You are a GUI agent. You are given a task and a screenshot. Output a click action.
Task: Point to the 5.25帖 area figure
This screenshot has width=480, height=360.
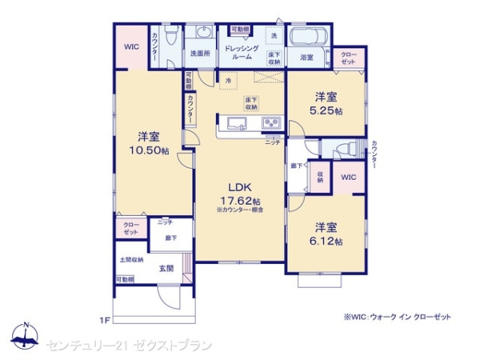[327, 111]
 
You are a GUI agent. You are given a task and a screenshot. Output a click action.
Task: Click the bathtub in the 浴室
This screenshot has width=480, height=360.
[308, 38]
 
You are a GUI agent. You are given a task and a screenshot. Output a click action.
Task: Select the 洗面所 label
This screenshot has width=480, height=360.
[200, 54]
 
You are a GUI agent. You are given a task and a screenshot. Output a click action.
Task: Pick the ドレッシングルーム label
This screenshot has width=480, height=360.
[241, 53]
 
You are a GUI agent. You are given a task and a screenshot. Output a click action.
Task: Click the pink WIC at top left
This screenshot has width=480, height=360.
[130, 46]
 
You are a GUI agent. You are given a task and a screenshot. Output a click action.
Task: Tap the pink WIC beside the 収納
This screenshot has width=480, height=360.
[349, 177]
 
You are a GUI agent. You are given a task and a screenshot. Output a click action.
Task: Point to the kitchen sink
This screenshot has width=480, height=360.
[238, 122]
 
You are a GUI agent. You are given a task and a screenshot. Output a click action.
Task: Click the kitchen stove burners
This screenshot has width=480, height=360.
[270, 122]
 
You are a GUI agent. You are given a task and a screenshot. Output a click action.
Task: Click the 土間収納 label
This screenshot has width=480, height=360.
[131, 260]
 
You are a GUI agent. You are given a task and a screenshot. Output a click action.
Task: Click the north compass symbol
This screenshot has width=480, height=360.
[26, 336]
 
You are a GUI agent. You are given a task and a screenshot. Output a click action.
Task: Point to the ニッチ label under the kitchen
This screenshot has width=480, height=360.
[273, 142]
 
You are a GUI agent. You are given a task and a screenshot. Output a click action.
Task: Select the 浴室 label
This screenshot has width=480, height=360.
[306, 58]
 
